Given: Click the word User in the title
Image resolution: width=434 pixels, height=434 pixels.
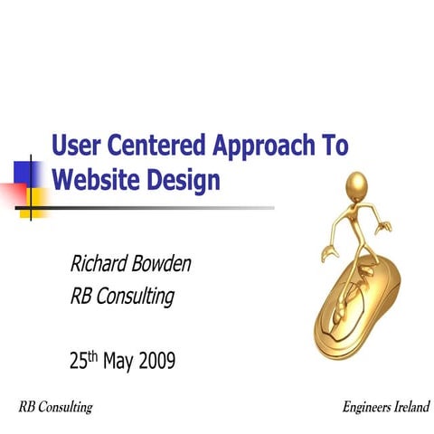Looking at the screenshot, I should pyautogui.click(x=76, y=145).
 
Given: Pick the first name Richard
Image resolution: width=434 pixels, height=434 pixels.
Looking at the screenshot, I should pyautogui.click(x=102, y=264).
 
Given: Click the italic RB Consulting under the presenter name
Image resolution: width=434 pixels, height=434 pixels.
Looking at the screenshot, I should pyautogui.click(x=121, y=296).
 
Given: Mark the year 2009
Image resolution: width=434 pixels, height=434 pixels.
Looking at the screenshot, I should pyautogui.click(x=156, y=361).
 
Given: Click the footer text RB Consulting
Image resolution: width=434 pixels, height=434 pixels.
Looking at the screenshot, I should pyautogui.click(x=55, y=408).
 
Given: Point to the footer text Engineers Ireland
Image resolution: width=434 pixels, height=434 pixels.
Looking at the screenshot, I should pyautogui.click(x=386, y=408).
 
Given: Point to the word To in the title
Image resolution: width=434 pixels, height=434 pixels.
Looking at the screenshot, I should pyautogui.click(x=334, y=145).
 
